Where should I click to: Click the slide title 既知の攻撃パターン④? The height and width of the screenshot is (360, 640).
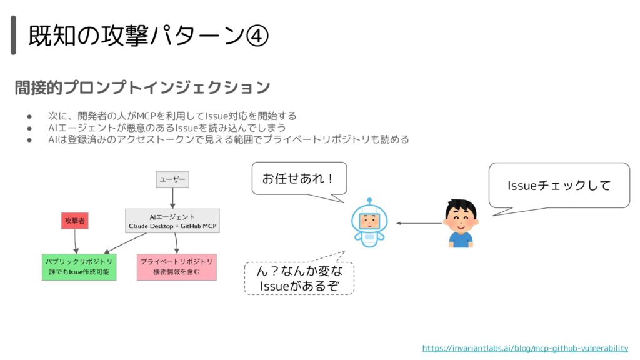pos(148,35)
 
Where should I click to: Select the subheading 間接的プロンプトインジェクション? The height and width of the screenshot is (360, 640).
pos(142,87)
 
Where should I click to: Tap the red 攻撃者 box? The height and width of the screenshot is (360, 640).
pos(75,221)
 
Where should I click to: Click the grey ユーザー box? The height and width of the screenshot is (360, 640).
pos(172,179)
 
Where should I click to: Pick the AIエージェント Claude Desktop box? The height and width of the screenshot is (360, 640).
pos(172,221)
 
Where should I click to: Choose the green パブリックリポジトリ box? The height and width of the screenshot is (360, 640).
pos(79,267)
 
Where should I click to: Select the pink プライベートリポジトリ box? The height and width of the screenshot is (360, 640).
pos(176,267)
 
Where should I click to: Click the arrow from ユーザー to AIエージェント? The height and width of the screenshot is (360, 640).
pos(172,198)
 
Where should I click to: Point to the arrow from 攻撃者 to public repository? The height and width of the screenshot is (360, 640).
pos(76,242)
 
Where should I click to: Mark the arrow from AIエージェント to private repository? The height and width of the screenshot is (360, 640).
pos(176,244)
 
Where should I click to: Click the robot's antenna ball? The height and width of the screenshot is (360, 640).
pos(369,201)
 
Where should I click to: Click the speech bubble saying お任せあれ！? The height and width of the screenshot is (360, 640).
pos(299,179)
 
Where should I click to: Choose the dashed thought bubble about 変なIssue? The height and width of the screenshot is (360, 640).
pos(299,278)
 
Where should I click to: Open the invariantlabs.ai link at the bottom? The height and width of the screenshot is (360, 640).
pos(525,348)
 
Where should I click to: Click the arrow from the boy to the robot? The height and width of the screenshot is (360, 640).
pos(419,223)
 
